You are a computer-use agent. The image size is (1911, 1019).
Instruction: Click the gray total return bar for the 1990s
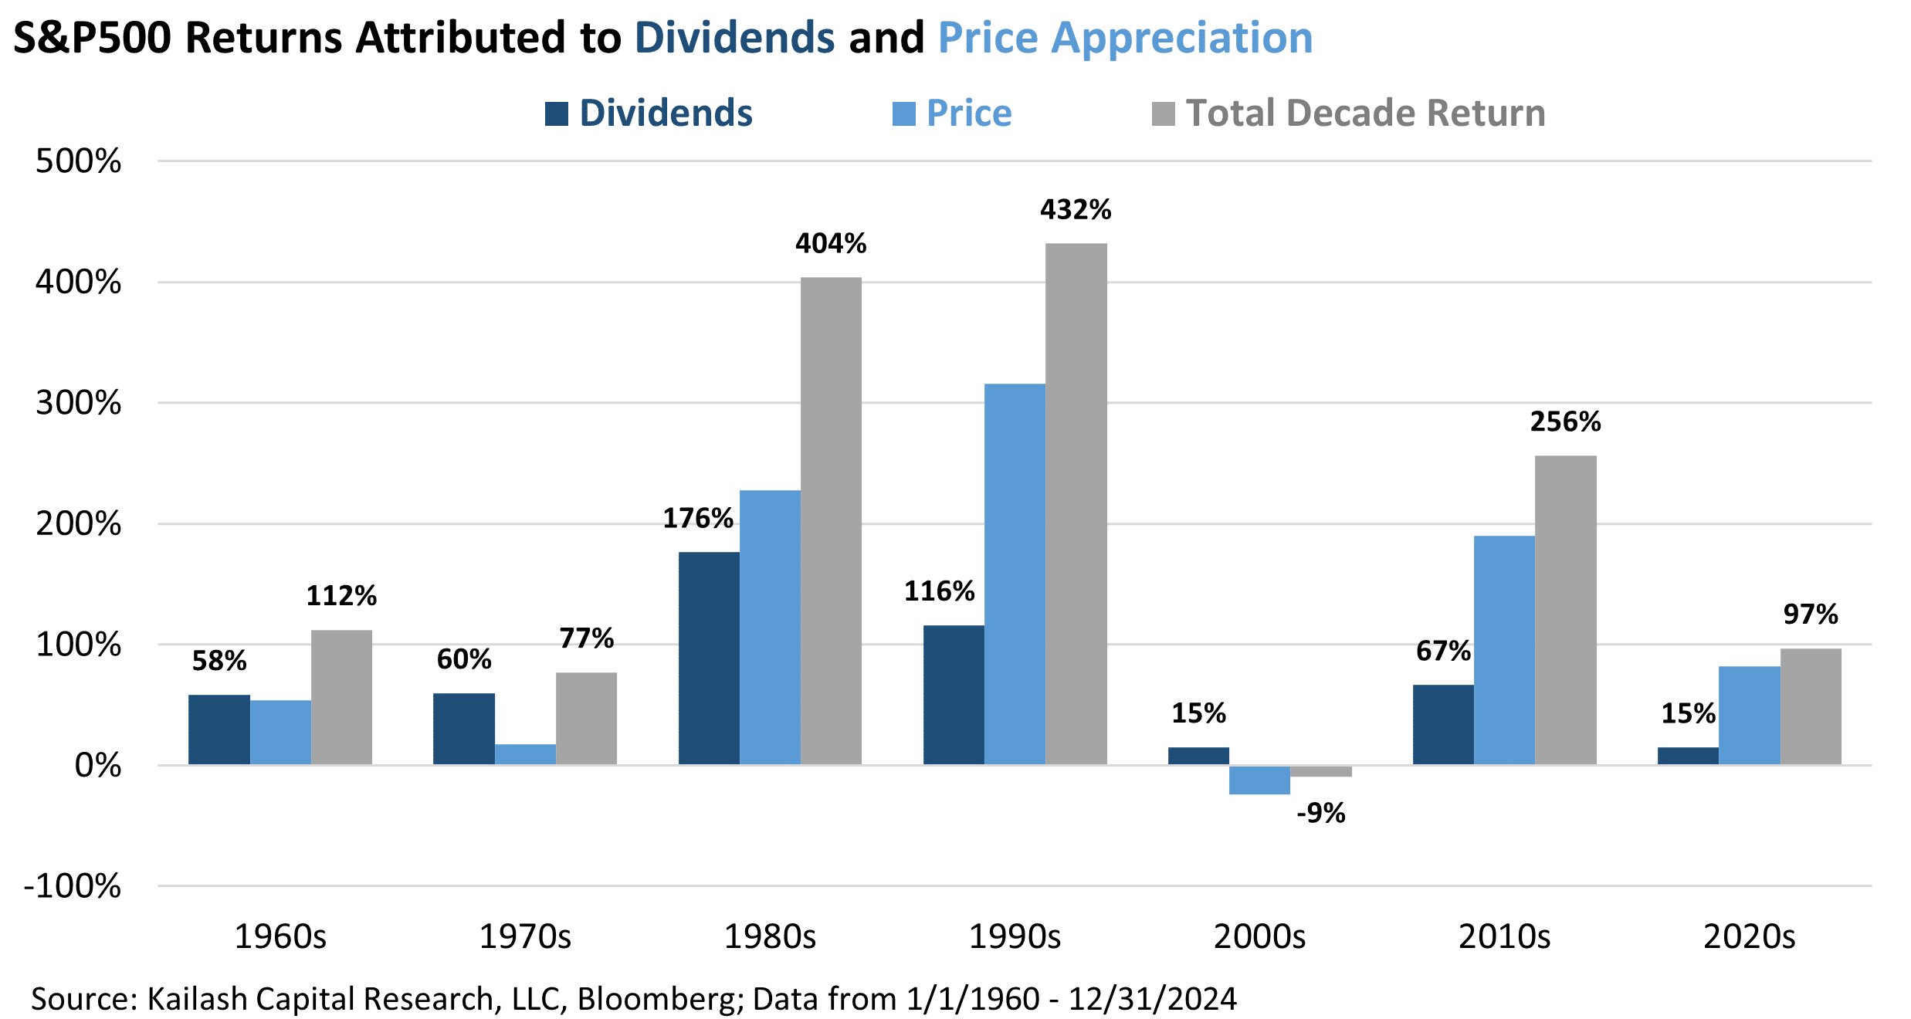[x=1076, y=503]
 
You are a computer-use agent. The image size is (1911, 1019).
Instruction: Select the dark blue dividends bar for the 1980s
[x=708, y=658]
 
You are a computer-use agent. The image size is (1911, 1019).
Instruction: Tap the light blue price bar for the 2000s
[x=1259, y=780]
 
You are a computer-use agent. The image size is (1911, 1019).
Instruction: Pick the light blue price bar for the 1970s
[x=525, y=754]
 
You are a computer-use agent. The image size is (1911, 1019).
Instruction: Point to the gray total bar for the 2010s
[x=1565, y=610]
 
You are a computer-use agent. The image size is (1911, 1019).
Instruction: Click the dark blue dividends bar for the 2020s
[x=1688, y=756]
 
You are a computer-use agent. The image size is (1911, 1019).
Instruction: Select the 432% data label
[x=1076, y=210]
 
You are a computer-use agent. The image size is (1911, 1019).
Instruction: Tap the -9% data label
[x=1320, y=813]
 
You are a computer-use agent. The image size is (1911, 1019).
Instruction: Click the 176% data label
[x=698, y=518]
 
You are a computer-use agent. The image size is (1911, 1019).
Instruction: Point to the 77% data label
[x=587, y=638]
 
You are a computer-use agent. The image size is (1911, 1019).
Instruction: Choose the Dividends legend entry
[x=649, y=113]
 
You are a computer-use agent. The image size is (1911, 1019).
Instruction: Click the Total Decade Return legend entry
[x=1348, y=113]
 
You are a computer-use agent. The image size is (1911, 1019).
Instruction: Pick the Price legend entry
[x=952, y=113]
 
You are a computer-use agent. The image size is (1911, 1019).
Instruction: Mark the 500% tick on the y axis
[x=79, y=161]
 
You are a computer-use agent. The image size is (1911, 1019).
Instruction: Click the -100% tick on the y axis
[x=73, y=886]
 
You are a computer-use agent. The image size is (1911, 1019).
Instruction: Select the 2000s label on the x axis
[x=1259, y=937]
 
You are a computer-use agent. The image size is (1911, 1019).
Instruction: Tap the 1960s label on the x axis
[x=280, y=937]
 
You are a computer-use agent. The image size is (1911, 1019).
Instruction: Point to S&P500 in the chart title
[x=93, y=38]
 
